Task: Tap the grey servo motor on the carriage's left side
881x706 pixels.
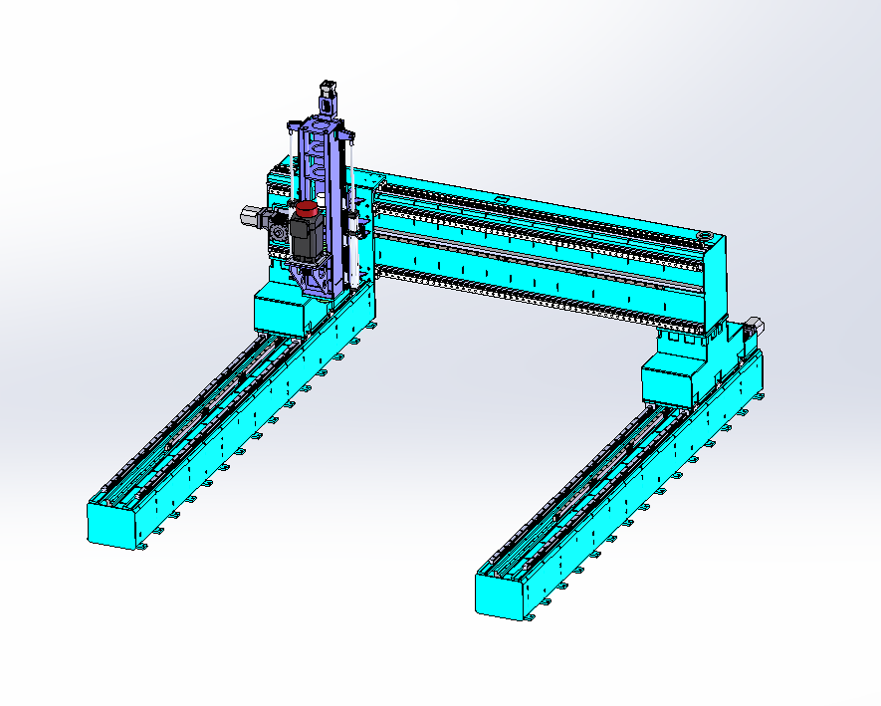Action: coord(251,215)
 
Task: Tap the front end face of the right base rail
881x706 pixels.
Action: coord(498,596)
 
